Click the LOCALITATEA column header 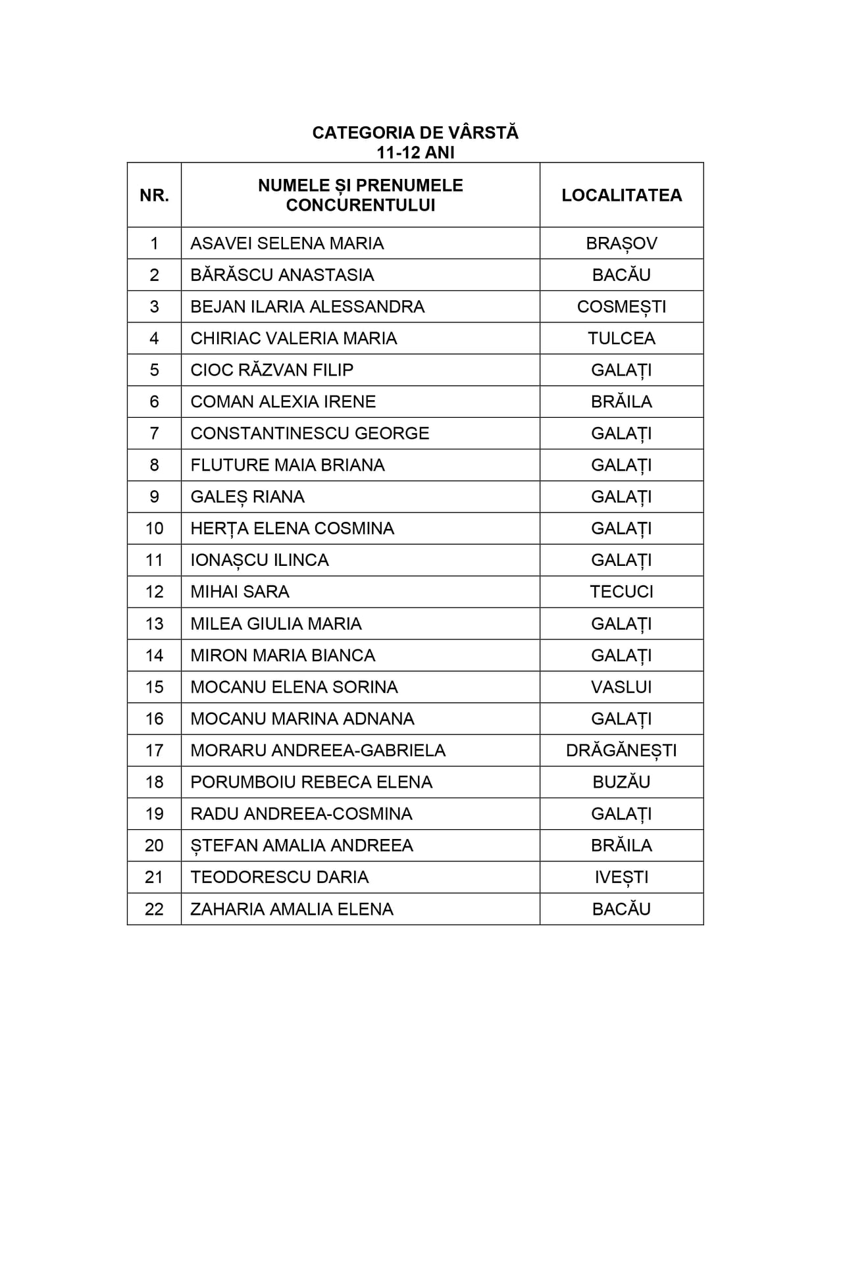(621, 195)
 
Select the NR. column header (154, 195)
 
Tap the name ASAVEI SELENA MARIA (287, 243)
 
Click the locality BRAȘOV (621, 243)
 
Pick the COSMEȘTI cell (621, 307)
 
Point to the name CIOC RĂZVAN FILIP (272, 370)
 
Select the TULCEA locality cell (621, 338)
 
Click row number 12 (154, 592)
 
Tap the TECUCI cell (621, 592)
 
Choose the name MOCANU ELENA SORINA (294, 687)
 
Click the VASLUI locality (621, 687)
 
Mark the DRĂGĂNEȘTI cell (621, 750)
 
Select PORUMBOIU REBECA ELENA (311, 782)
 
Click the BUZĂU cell (621, 782)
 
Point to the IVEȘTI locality (621, 877)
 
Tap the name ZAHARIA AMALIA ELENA (292, 909)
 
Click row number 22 (154, 909)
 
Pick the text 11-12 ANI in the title (415, 153)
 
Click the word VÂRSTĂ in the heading (483, 133)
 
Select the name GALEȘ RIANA (247, 497)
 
